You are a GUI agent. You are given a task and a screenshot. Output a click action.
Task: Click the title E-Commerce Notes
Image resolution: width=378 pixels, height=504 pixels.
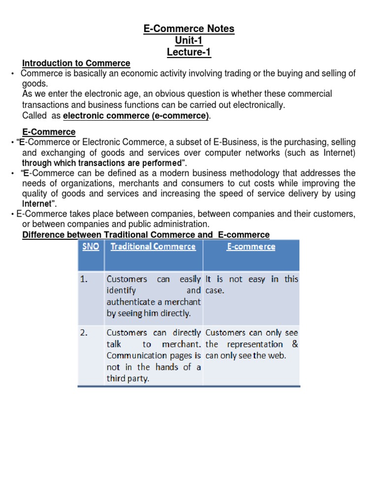[189, 29]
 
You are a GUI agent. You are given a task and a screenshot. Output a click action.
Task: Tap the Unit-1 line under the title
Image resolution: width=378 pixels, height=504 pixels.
[189, 40]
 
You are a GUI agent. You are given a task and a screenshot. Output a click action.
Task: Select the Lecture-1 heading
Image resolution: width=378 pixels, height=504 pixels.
[189, 52]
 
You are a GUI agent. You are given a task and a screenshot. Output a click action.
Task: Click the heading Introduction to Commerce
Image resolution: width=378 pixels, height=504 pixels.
[76, 63]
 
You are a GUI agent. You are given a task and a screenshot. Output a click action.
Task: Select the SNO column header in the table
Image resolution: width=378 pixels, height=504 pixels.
[91, 247]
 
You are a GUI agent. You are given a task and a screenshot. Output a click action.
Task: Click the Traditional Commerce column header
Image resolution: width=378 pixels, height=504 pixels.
[153, 247]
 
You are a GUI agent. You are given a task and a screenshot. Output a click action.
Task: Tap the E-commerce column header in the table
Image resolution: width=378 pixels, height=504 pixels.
[251, 247]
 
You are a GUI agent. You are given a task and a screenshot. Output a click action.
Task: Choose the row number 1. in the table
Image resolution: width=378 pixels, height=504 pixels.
[84, 280]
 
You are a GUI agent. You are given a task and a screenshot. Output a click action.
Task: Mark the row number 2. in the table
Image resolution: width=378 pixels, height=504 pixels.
[84, 333]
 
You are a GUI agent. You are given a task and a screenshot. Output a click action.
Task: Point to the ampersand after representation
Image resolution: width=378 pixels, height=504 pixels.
[294, 344]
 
